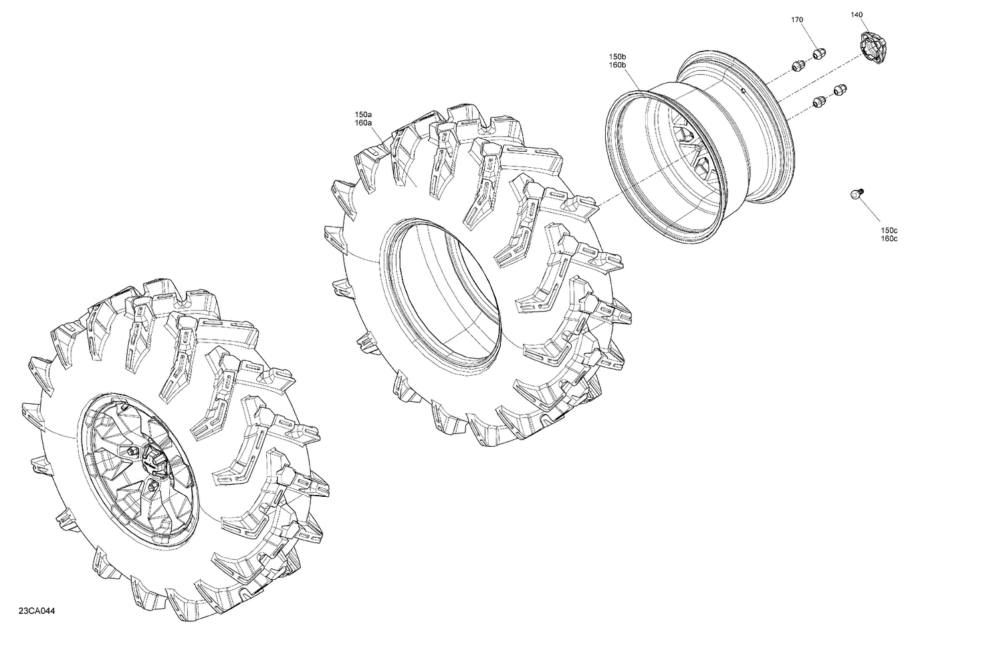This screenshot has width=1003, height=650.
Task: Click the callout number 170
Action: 797,20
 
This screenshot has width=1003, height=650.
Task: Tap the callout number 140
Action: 857,14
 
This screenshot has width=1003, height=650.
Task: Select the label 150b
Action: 617,56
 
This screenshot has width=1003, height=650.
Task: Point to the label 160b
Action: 617,65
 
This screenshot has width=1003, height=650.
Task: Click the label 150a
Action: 364,115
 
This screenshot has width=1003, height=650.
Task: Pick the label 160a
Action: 364,124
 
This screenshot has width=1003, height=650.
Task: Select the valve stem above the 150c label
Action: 855,193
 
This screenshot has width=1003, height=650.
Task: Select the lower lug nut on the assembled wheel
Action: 154,485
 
